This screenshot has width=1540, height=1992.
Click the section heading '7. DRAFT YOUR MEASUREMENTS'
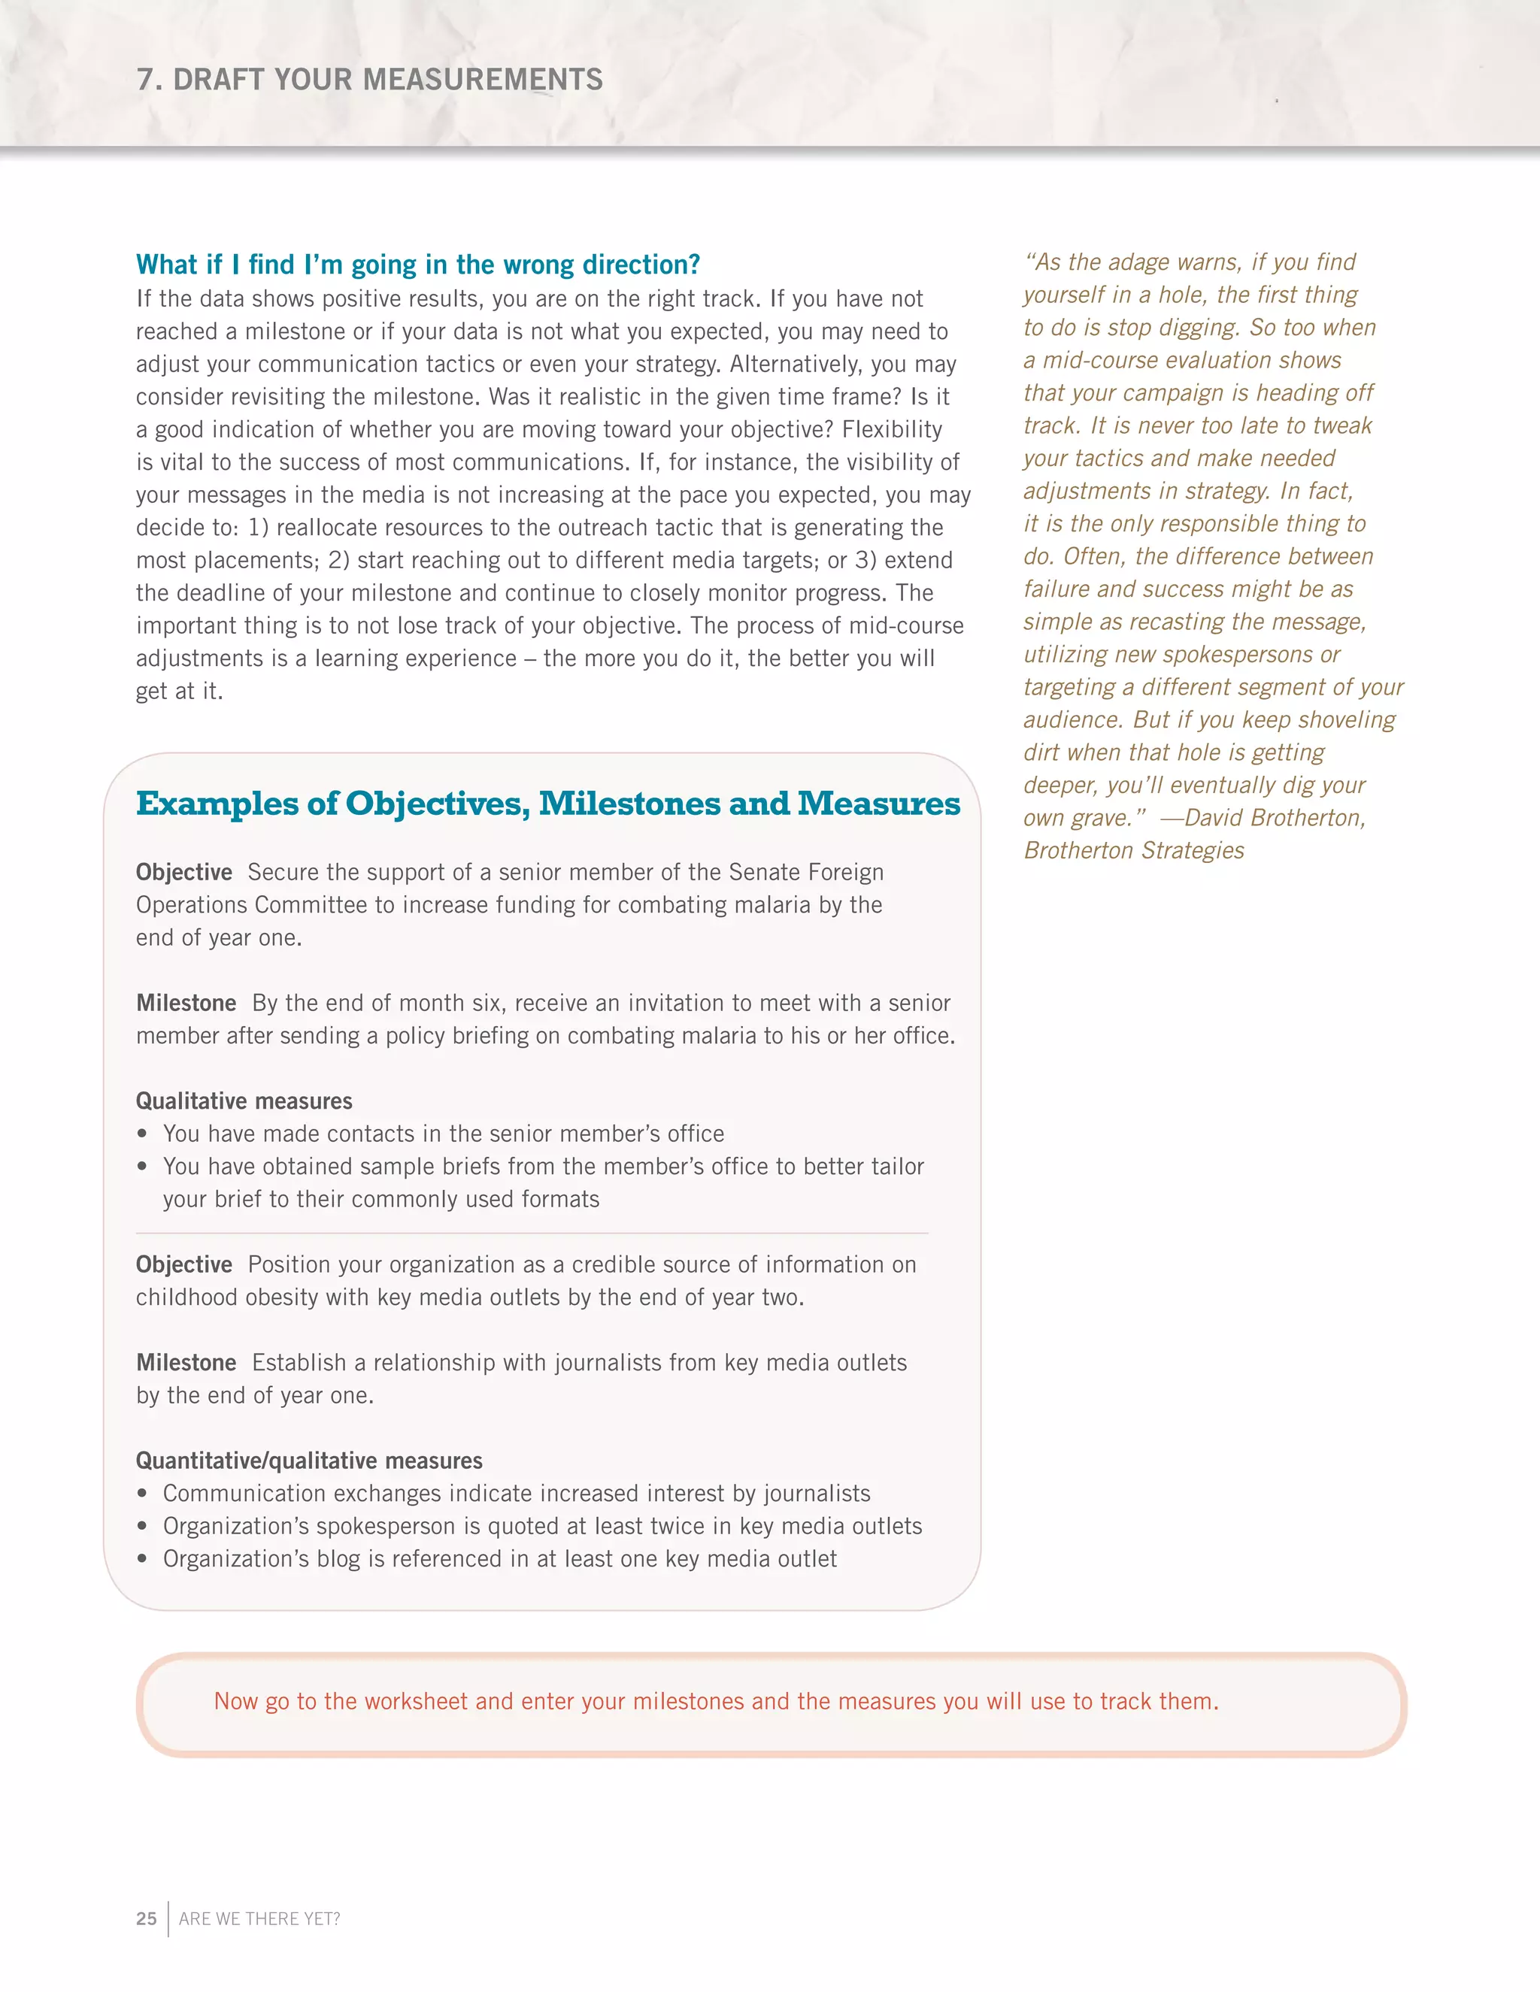tap(369, 80)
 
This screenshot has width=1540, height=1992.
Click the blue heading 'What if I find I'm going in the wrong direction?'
tap(418, 265)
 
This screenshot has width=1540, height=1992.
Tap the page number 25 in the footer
tap(146, 1918)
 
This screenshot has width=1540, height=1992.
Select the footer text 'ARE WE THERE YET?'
tap(259, 1918)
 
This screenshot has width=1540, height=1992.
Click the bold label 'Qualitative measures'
tap(244, 1101)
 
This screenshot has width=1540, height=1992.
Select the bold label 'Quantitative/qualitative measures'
tap(308, 1461)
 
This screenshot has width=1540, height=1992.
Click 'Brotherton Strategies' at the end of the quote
tap(1133, 850)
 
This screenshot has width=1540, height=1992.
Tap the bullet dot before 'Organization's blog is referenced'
tap(141, 1559)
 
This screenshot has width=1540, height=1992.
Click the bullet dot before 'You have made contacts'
tap(141, 1134)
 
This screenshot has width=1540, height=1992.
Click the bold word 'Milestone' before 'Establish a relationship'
tap(186, 1363)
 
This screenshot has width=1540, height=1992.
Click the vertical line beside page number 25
tap(168, 1918)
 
